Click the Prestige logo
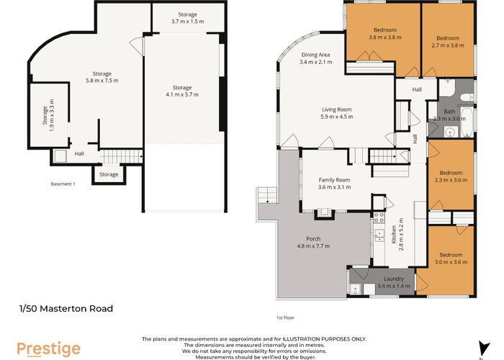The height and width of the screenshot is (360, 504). point(49,348)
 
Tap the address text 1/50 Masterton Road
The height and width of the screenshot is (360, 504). point(66,309)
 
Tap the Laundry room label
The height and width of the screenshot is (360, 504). point(393,279)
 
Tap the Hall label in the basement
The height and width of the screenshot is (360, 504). point(80,153)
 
